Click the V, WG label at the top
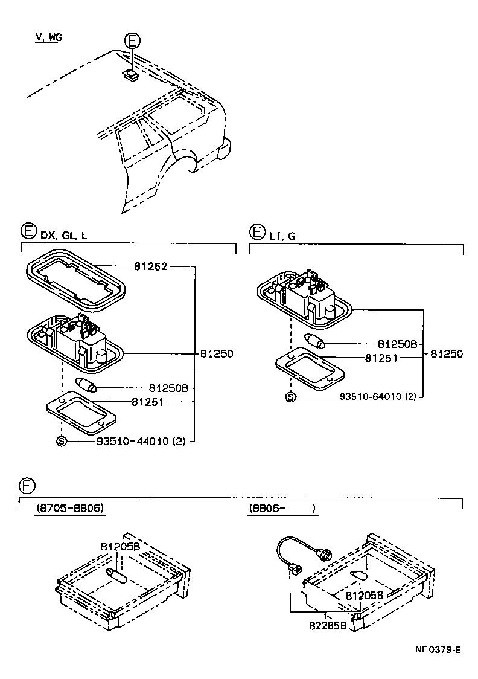[x=49, y=37]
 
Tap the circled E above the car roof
[x=132, y=41]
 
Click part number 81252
[x=150, y=266]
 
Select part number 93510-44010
[x=135, y=442]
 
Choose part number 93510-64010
[x=378, y=397]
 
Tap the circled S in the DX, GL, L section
[x=61, y=442]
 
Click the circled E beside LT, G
[x=257, y=232]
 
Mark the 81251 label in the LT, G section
[x=381, y=358]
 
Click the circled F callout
[x=27, y=486]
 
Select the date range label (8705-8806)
[x=70, y=509]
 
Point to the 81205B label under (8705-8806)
[x=120, y=546]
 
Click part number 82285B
[x=327, y=625]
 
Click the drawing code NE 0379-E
[x=438, y=650]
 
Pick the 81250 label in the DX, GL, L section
[x=216, y=354]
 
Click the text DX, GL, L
[x=63, y=236]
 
